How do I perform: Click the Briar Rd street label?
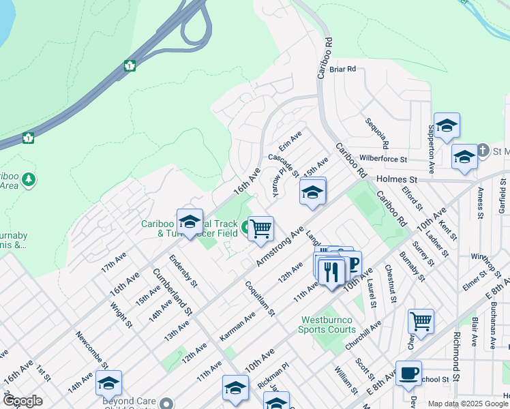[x=343, y=70]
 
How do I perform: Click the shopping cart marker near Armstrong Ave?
[x=260, y=229]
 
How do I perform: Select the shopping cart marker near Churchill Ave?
[x=421, y=320]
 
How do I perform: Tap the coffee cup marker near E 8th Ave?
[x=408, y=372]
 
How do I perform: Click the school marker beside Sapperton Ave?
[x=447, y=125]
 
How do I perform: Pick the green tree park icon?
[x=29, y=180]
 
